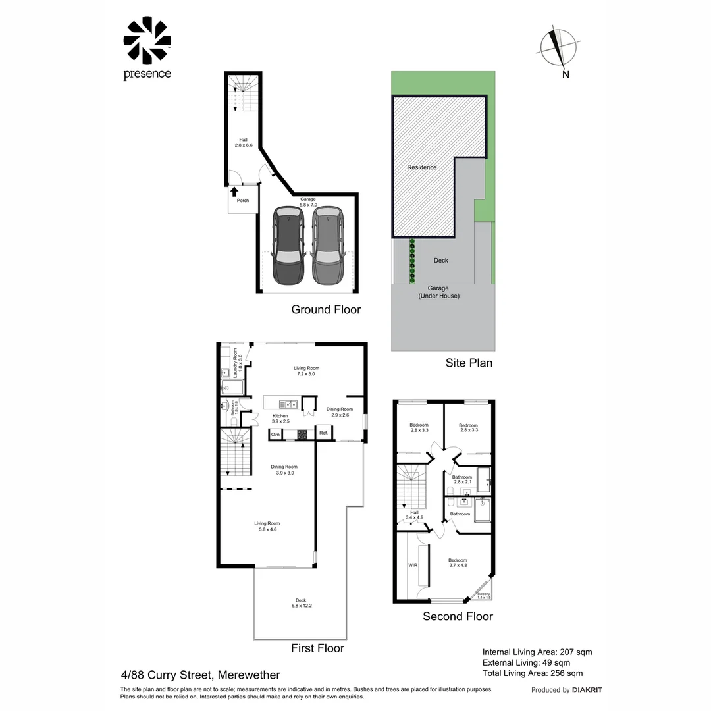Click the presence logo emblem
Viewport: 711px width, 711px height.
tap(147, 41)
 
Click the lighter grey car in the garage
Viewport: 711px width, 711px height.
tap(327, 245)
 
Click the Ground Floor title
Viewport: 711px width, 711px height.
tap(326, 309)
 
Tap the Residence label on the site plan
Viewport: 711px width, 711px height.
tap(421, 167)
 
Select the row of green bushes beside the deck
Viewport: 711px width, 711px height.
tap(413, 261)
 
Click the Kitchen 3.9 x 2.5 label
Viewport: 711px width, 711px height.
tap(281, 419)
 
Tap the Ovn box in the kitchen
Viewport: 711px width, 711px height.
tap(275, 434)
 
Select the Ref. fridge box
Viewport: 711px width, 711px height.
tap(323, 433)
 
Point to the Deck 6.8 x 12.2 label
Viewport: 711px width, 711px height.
tap(301, 602)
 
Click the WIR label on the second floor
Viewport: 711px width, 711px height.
tap(413, 565)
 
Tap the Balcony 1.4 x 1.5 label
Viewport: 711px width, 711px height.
tap(484, 596)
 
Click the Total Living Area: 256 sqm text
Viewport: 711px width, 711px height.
tap(533, 673)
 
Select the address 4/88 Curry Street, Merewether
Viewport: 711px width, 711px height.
tap(201, 675)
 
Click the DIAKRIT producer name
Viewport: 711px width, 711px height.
tap(587, 690)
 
